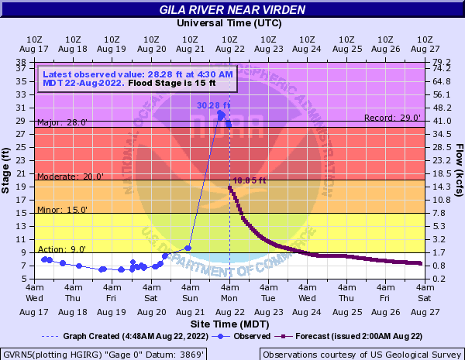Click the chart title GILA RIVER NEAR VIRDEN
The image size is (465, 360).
click(232, 10)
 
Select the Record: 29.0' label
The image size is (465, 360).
click(392, 118)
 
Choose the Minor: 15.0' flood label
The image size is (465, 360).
click(63, 210)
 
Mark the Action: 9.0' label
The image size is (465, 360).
click(63, 249)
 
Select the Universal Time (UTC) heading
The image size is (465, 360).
click(229, 22)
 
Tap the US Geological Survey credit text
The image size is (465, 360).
click(361, 354)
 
